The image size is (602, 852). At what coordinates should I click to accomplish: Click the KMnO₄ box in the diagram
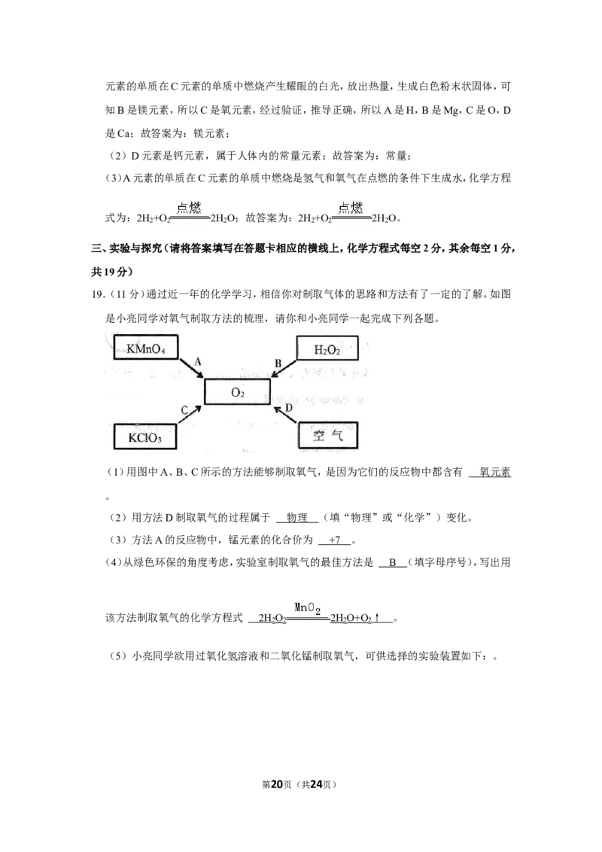coord(146,348)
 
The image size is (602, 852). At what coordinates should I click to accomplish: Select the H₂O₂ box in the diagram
coord(327,348)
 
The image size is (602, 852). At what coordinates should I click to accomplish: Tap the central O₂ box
coord(238,392)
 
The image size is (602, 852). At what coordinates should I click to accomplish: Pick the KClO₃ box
coord(145,437)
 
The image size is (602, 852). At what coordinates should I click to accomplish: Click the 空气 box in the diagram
coord(328,435)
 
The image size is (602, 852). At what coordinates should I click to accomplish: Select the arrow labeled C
coord(191,414)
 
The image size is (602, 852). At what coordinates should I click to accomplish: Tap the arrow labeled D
coord(284,414)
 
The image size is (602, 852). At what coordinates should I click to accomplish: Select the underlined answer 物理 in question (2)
coord(296,517)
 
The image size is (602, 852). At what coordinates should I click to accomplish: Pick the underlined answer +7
coord(335,540)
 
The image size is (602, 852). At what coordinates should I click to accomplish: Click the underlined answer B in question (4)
coord(392,563)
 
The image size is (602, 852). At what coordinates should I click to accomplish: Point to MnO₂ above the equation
coord(308,609)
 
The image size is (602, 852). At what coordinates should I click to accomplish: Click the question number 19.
coord(98,294)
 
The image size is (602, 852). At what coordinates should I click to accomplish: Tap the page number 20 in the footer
coord(277,784)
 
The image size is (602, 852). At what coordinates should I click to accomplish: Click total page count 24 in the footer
coord(316,784)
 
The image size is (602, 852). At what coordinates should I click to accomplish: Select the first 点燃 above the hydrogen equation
coord(189,208)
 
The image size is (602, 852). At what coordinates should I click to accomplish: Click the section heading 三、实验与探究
coord(126,248)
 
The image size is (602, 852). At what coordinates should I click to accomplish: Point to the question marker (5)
coord(118,656)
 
